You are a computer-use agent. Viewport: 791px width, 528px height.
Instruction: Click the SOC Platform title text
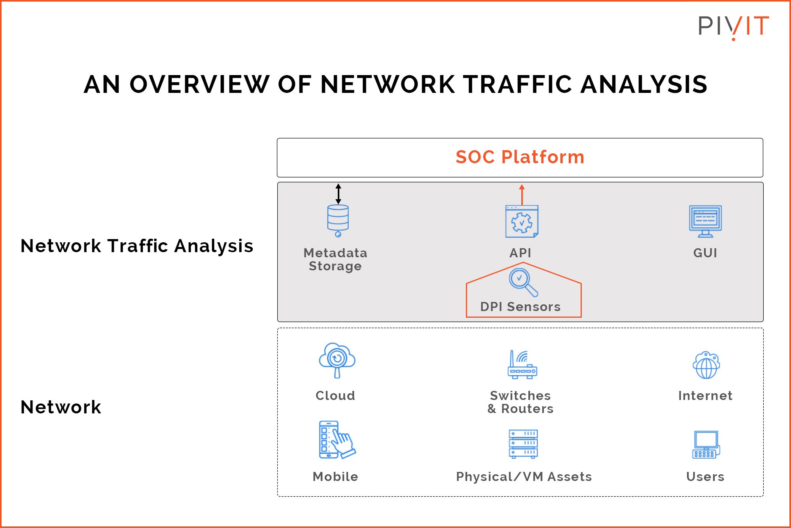[520, 157]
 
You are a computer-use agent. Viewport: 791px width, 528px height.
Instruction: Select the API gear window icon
[522, 221]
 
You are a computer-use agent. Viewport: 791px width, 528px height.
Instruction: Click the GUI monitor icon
[705, 221]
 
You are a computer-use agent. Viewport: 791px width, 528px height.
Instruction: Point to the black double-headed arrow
[338, 194]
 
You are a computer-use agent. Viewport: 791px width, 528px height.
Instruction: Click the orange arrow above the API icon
[522, 194]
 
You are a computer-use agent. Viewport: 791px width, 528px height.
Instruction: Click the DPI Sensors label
[520, 307]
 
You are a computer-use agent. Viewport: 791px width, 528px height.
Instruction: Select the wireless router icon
[522, 364]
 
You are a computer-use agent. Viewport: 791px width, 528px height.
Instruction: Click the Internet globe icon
[706, 365]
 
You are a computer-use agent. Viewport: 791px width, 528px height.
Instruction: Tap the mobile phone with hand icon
[336, 439]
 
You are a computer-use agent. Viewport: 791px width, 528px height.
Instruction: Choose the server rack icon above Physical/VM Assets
[523, 444]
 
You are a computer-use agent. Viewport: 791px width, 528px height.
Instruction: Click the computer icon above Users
[706, 444]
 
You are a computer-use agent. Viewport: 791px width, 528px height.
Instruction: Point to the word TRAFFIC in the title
[517, 85]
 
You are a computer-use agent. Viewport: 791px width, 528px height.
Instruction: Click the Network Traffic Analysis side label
[136, 246]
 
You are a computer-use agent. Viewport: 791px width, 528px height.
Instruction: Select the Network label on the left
[61, 407]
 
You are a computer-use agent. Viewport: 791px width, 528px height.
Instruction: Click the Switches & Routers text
[520, 402]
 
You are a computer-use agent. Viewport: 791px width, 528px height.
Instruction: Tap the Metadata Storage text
[335, 259]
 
